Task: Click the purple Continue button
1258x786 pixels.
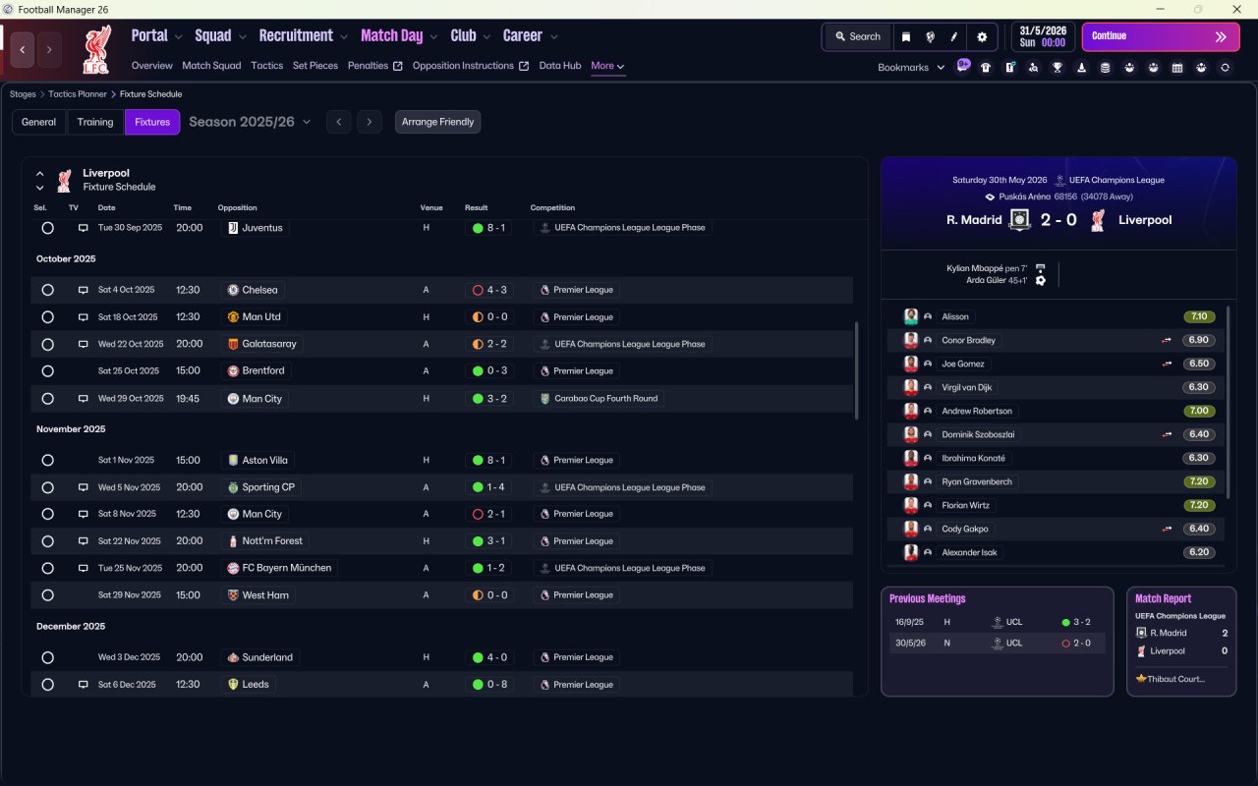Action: [x=1161, y=36]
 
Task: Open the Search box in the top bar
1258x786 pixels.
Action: [x=858, y=36]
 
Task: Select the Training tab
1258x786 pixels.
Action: [x=95, y=122]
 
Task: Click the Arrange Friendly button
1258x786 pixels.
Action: [x=437, y=122]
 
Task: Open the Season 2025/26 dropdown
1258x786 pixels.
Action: [x=250, y=122]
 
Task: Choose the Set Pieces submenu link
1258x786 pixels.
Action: [x=315, y=66]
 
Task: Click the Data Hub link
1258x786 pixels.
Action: [x=560, y=66]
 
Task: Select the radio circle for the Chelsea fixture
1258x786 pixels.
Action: [x=48, y=290]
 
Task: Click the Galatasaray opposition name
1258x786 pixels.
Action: [x=269, y=344]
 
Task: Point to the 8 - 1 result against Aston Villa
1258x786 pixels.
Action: [x=496, y=460]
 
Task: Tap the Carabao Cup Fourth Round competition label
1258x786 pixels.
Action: [x=606, y=399]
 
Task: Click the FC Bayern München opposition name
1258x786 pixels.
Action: [x=286, y=568]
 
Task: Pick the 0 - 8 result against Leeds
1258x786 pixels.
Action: [x=497, y=685]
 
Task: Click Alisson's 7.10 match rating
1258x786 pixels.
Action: [x=1199, y=316]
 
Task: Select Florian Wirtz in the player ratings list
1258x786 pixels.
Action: [x=965, y=505]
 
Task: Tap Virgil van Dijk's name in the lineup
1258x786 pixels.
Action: [x=966, y=387]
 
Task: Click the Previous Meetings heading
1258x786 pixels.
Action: [x=927, y=598]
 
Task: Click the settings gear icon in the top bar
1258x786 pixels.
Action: [x=982, y=37]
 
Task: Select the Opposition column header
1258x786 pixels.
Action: [x=237, y=207]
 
